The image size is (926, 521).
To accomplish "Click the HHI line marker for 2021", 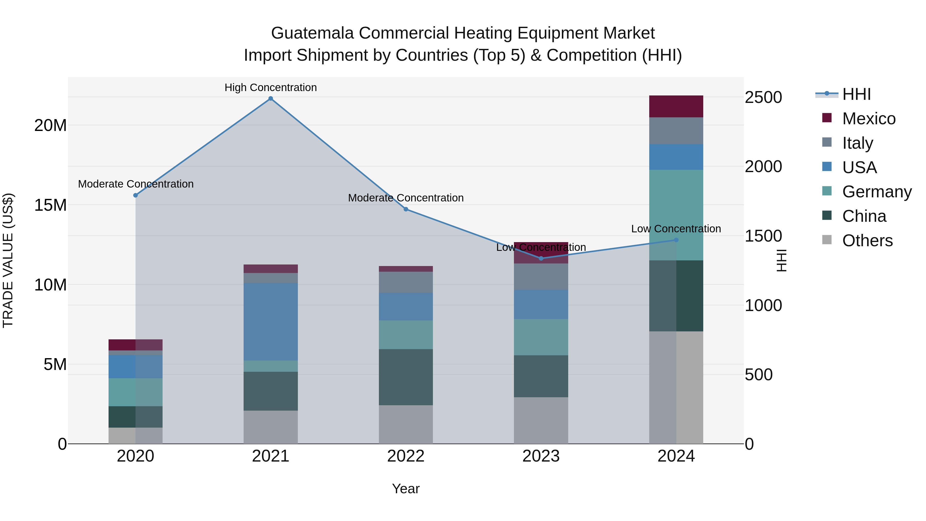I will pos(271,99).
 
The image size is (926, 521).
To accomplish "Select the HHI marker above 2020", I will pos(136,195).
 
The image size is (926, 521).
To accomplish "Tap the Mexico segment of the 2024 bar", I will pos(676,107).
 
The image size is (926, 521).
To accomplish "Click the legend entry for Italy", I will pos(857,143).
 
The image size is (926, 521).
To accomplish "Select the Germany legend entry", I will pos(876,192).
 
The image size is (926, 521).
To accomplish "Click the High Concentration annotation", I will pos(271,87).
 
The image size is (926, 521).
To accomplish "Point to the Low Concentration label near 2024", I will pos(676,229).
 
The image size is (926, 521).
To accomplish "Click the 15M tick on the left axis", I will pos(50,205).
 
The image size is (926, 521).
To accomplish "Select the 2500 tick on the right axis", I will pos(763,98).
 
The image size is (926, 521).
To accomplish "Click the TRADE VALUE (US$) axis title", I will pos(8,260).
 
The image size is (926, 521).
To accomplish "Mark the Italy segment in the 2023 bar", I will pos(541,277).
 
